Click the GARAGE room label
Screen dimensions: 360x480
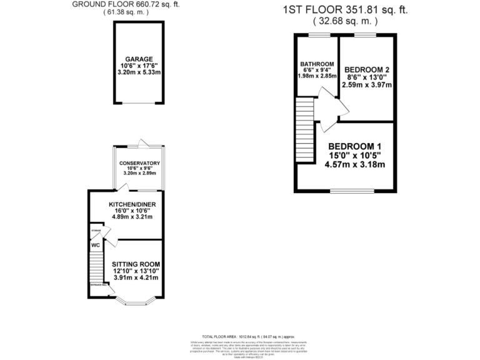point(139,59)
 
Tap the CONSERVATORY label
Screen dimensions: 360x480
point(140,164)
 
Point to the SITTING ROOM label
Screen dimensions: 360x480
point(135,264)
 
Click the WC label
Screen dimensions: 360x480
point(96,245)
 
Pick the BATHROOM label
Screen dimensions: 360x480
point(316,64)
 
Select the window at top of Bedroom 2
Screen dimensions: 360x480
point(366,36)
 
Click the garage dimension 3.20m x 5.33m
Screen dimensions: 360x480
point(138,72)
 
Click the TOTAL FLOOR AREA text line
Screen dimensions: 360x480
point(241,336)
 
